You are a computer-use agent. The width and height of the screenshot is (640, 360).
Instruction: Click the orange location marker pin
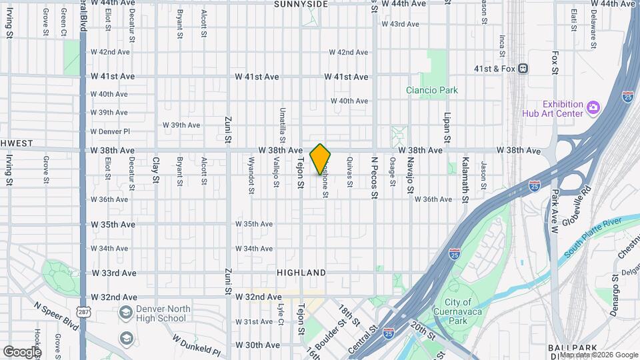[321, 159]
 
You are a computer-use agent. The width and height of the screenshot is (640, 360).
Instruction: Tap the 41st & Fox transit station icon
[524, 68]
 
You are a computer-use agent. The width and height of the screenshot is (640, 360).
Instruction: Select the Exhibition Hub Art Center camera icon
[593, 107]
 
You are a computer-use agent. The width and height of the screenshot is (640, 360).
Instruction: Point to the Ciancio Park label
[433, 90]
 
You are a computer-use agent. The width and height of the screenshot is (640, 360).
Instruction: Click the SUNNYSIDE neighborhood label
[301, 4]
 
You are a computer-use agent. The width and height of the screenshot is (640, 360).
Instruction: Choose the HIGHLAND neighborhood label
[302, 273]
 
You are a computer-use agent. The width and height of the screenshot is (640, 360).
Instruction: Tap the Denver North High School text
[164, 313]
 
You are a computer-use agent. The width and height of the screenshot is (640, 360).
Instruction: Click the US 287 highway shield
[83, 311]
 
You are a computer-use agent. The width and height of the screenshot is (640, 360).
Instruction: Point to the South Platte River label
[593, 236]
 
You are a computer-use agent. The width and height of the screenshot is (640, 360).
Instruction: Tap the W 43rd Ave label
[400, 24]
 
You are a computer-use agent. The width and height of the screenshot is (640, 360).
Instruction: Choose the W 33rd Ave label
[113, 273]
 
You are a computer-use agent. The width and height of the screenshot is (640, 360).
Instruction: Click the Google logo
[22, 351]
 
